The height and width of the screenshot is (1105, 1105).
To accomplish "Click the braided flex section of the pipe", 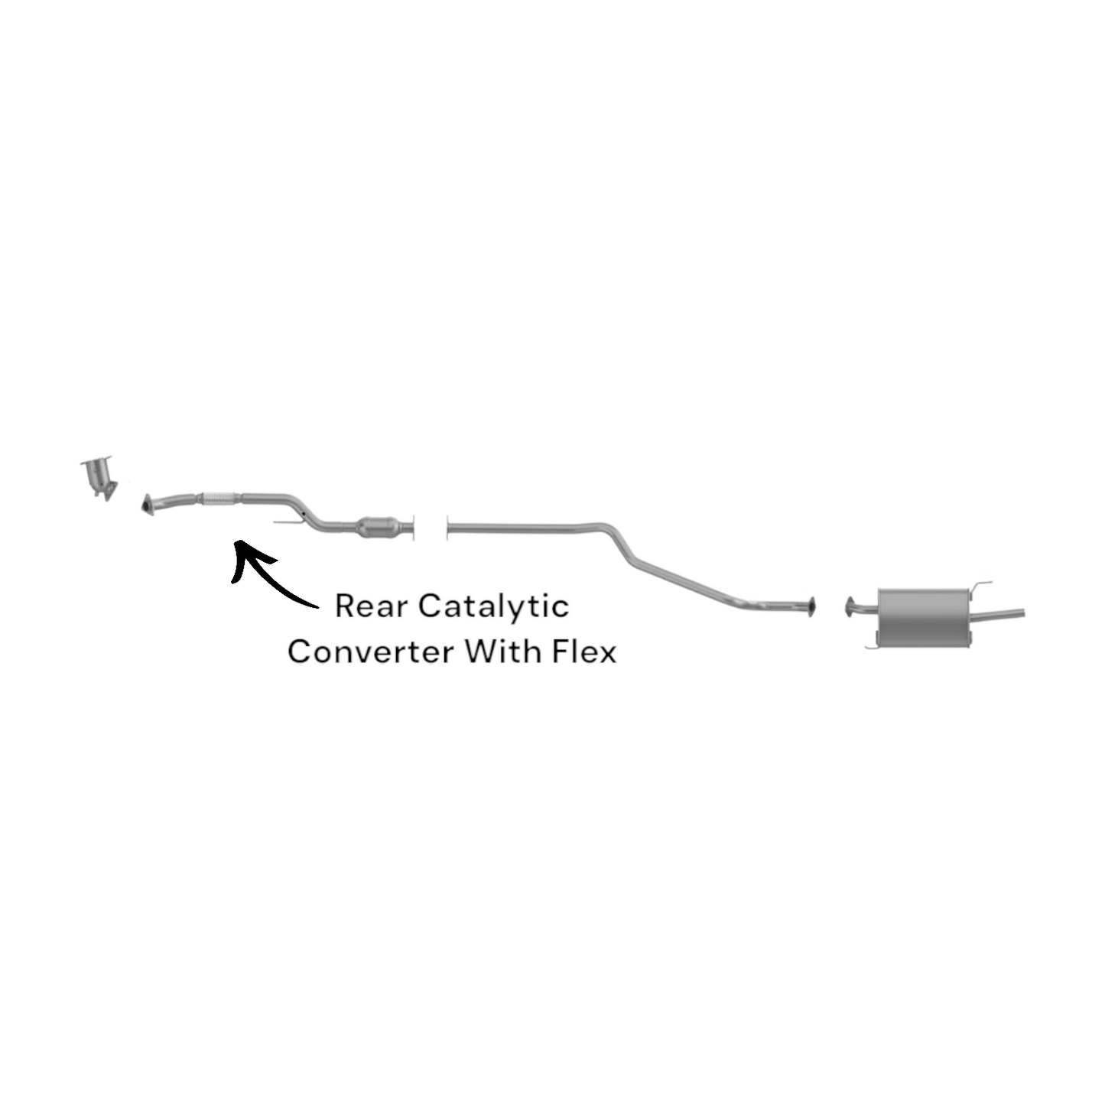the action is pos(219,499).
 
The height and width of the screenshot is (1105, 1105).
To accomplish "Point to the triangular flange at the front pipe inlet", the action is pos(148,505).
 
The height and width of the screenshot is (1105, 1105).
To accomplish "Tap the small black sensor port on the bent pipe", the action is pos(302,512).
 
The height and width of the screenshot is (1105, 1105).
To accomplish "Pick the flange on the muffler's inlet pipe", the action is pos(850,607).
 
